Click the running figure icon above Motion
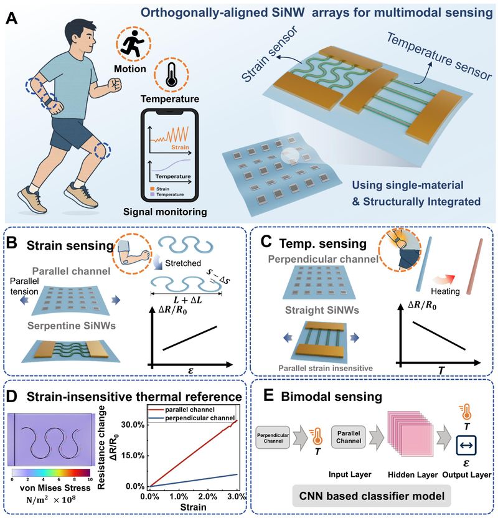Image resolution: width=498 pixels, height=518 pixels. tap(132, 43)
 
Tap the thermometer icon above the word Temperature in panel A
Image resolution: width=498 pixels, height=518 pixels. tap(171, 75)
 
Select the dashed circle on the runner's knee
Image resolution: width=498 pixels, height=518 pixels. tap(102, 151)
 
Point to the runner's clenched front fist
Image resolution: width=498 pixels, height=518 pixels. tap(115, 84)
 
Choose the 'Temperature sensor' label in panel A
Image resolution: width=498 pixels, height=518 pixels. tap(439, 57)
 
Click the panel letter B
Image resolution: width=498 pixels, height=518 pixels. tap(12, 243)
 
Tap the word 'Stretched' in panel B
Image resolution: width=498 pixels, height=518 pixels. tap(183, 263)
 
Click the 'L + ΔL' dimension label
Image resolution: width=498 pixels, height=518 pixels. tap(187, 300)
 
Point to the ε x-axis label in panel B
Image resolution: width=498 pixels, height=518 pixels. tap(190, 370)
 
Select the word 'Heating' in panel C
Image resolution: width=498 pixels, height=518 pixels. tap(445, 291)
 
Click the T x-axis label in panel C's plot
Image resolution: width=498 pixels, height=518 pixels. tap(441, 370)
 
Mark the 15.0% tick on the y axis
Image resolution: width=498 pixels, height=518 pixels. tap(133, 456)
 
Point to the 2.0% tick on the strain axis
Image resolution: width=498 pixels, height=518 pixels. tap(208, 497)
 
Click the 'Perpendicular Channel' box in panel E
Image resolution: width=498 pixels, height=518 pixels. tap(273, 438)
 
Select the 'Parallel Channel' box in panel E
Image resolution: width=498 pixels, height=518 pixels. tap(349, 436)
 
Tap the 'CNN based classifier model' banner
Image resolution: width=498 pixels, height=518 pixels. tap(372, 496)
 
